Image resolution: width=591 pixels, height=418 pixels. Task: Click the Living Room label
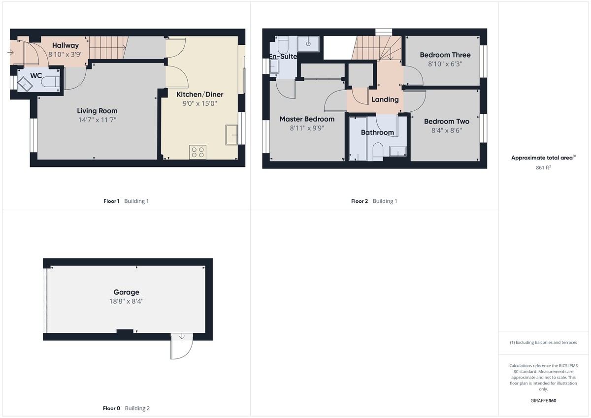(x=97, y=111)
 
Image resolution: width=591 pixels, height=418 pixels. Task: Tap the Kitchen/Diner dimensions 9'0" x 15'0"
(x=199, y=103)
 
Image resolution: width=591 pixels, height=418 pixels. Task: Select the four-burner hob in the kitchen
(x=197, y=152)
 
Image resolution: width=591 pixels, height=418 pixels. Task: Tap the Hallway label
(x=66, y=46)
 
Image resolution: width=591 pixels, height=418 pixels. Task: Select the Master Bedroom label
(x=307, y=119)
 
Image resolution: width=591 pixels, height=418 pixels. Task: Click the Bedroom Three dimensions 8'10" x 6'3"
(x=445, y=64)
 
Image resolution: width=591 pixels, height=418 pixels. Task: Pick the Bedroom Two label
(x=446, y=122)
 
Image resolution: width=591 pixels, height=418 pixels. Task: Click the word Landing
(x=385, y=99)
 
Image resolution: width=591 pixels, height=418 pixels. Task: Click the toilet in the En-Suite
(x=283, y=47)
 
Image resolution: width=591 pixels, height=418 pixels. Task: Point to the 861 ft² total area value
(x=543, y=168)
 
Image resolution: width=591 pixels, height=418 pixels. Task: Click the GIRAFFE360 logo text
(x=543, y=401)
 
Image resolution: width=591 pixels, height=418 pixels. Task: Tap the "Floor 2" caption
(x=359, y=201)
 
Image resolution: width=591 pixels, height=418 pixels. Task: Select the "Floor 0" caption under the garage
(x=111, y=408)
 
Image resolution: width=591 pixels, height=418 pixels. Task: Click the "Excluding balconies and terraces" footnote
(x=543, y=342)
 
